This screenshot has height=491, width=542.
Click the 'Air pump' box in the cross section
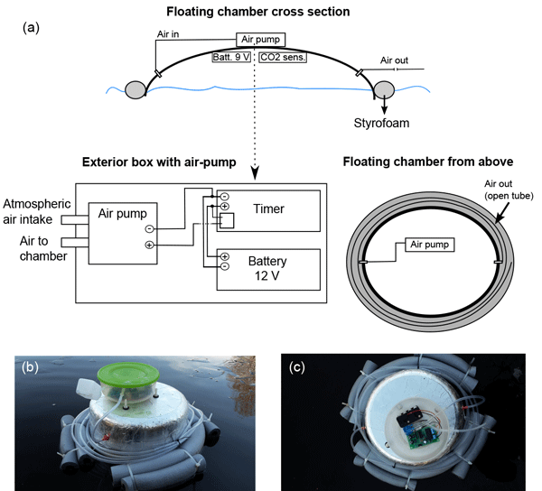[261, 40]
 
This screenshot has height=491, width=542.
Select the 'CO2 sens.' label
[282, 57]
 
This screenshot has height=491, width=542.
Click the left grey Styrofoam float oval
[136, 90]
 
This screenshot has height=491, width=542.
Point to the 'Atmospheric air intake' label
[37, 212]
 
